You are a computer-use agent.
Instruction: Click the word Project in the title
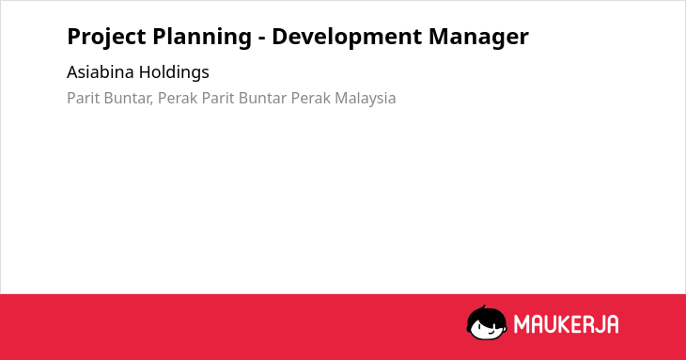(106, 38)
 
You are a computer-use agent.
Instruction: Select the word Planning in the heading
(202, 38)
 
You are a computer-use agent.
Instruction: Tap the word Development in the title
(347, 38)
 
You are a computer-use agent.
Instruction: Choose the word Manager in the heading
(478, 38)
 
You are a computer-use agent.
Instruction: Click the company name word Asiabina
(101, 71)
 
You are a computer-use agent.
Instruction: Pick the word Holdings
(174, 72)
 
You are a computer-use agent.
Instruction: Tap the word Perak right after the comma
(178, 98)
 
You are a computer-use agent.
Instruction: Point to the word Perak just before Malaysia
(311, 98)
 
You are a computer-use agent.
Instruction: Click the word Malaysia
(366, 99)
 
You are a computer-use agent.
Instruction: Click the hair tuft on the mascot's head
(483, 307)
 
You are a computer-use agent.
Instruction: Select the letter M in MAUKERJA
(521, 324)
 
